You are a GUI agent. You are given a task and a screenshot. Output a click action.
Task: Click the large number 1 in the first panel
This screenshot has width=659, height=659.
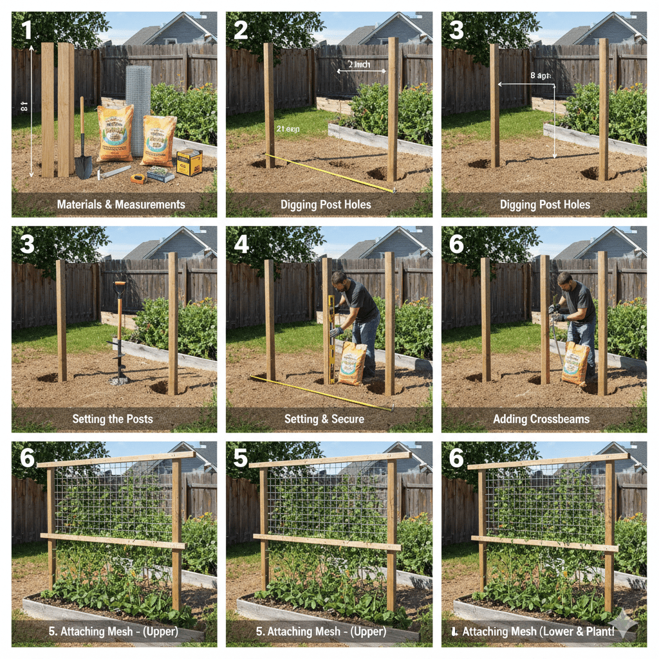point(26,31)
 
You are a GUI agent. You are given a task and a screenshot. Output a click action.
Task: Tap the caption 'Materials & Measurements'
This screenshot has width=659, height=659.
point(121,205)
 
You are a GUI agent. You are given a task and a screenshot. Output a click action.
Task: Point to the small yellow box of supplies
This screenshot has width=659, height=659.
point(189,162)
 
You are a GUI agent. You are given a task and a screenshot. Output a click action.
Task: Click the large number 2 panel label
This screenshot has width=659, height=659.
point(241,31)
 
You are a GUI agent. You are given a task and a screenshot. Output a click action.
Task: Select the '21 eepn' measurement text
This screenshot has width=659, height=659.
point(289,129)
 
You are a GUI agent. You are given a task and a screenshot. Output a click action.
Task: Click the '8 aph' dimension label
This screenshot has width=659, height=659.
point(542,75)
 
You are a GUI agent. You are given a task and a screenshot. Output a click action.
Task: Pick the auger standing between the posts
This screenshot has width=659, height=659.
point(119,335)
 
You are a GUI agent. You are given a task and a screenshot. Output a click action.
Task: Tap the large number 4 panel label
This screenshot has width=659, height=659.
point(241,245)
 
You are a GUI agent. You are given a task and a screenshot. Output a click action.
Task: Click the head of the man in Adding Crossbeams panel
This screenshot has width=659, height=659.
point(564,279)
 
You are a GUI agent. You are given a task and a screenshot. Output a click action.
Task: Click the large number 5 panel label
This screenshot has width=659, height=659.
point(241,458)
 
